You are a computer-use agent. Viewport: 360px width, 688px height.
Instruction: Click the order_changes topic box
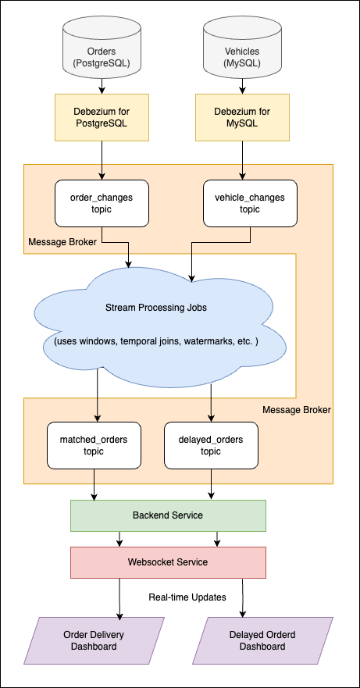tap(102, 203)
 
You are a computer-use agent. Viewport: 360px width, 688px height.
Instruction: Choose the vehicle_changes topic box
tap(242, 203)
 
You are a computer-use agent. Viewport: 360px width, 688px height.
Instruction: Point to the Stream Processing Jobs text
tap(156, 307)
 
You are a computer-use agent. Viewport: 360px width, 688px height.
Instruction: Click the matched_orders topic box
tap(94, 445)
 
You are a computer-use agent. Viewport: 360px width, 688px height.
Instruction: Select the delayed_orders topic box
tap(211, 445)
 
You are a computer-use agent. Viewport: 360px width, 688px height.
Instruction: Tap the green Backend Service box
tap(168, 515)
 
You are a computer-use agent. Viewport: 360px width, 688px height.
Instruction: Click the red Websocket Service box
tap(168, 561)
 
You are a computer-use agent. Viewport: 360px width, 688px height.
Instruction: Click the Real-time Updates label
tap(187, 597)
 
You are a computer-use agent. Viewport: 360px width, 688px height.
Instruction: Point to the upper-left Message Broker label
tap(62, 242)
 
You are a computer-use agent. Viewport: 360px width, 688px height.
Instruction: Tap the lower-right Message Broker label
tap(296, 409)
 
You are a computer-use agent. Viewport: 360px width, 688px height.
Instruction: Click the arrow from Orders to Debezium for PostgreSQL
tap(102, 87)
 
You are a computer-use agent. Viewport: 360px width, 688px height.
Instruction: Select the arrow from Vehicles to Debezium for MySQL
tap(242, 87)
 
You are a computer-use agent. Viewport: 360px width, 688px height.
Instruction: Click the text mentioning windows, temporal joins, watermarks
tap(156, 343)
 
